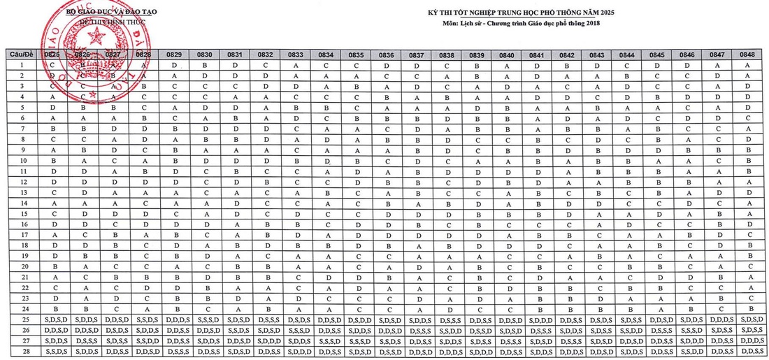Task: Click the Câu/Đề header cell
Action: pos(21,54)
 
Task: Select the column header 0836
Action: pos(386,54)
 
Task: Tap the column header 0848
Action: pos(748,54)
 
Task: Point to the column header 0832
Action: pos(265,54)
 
